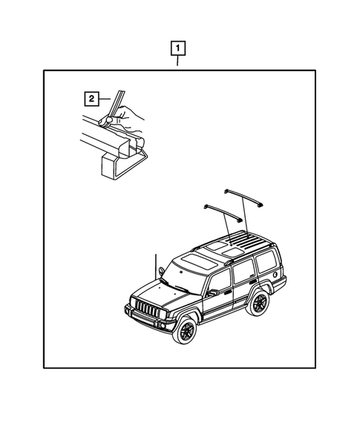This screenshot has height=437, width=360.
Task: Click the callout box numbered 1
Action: pyautogui.click(x=177, y=48)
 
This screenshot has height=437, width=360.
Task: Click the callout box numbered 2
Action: pyautogui.click(x=91, y=99)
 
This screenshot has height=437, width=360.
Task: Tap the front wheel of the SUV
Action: pyautogui.click(x=185, y=329)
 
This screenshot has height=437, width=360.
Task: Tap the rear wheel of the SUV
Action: pyautogui.click(x=258, y=302)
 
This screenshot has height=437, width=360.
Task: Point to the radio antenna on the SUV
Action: pyautogui.click(x=156, y=266)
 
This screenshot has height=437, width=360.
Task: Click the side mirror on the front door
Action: pyautogui.click(x=213, y=292)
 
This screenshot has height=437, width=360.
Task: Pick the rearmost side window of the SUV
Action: pyautogui.click(x=266, y=261)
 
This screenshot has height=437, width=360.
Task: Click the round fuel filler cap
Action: pyautogui.click(x=275, y=275)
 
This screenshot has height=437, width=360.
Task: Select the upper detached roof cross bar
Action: pyautogui.click(x=243, y=197)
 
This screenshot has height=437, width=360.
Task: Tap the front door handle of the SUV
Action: pyautogui.click(x=228, y=292)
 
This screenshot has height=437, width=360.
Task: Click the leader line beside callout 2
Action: pyautogui.click(x=105, y=99)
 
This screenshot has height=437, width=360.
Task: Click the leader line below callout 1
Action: pyautogui.click(x=177, y=61)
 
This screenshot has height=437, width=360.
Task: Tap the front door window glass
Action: pyautogui.click(x=220, y=281)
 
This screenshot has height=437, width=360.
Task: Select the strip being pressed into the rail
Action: pyautogui.click(x=114, y=105)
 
